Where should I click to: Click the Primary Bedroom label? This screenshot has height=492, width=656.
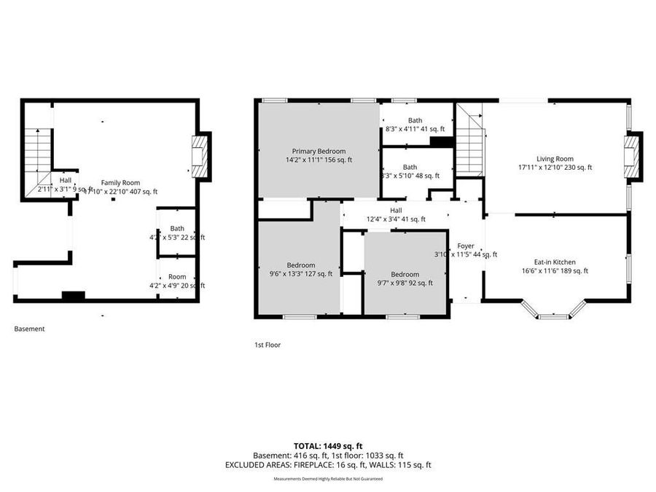[x=319, y=155]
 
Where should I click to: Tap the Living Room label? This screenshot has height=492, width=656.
[x=555, y=163]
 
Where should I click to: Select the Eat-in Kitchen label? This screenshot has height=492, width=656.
[x=555, y=266]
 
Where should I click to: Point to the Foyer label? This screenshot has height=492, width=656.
[x=466, y=250]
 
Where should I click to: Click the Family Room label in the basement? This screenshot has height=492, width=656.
[x=120, y=187]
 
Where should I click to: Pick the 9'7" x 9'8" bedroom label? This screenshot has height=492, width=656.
[x=405, y=278]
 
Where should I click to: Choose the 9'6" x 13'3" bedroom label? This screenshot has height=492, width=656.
[x=300, y=269]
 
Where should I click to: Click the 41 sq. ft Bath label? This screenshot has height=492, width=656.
[x=415, y=125]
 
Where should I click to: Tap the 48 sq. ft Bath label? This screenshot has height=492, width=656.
[x=410, y=171]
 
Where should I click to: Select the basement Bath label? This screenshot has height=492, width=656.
[x=177, y=233]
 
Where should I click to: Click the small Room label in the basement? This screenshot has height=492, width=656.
[x=177, y=281]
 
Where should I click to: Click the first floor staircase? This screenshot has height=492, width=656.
[x=470, y=147]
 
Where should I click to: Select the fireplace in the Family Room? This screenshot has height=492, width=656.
[x=199, y=156]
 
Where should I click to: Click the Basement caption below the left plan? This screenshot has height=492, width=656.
[x=29, y=329]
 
